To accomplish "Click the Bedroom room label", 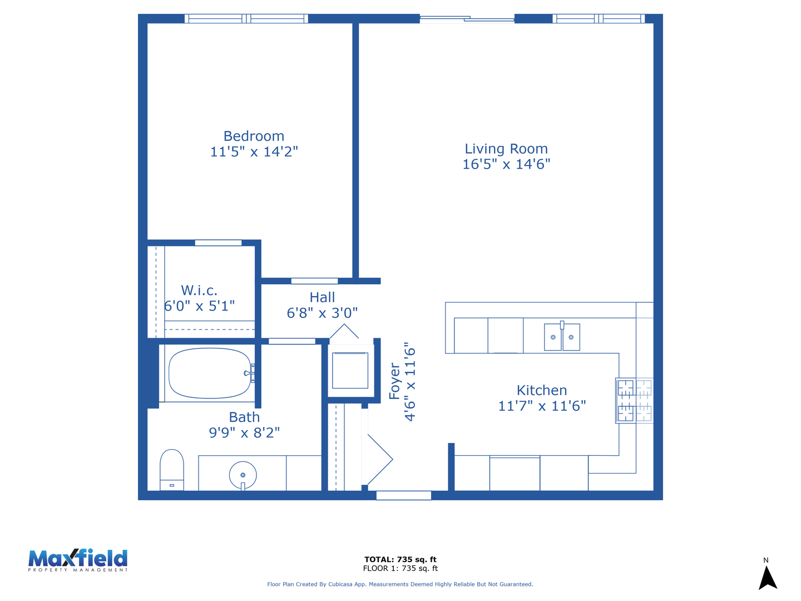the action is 254,136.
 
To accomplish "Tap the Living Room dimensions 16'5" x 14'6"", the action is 506,164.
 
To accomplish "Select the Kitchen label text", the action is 542,391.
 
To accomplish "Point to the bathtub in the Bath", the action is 210,373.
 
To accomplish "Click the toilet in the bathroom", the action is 171,470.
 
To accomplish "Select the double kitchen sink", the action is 562,337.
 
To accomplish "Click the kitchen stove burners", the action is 634,401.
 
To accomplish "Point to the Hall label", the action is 322,297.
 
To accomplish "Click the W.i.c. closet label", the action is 199,290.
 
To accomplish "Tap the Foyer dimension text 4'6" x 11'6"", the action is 410,382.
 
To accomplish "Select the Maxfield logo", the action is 78,560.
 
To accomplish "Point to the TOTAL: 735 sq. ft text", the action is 400,559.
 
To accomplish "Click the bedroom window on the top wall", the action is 246,18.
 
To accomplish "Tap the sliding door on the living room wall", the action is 467,18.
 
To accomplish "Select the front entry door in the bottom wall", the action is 404,495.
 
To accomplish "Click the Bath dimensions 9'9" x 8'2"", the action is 244,433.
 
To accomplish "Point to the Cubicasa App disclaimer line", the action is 400,584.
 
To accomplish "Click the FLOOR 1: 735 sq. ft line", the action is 400,568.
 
